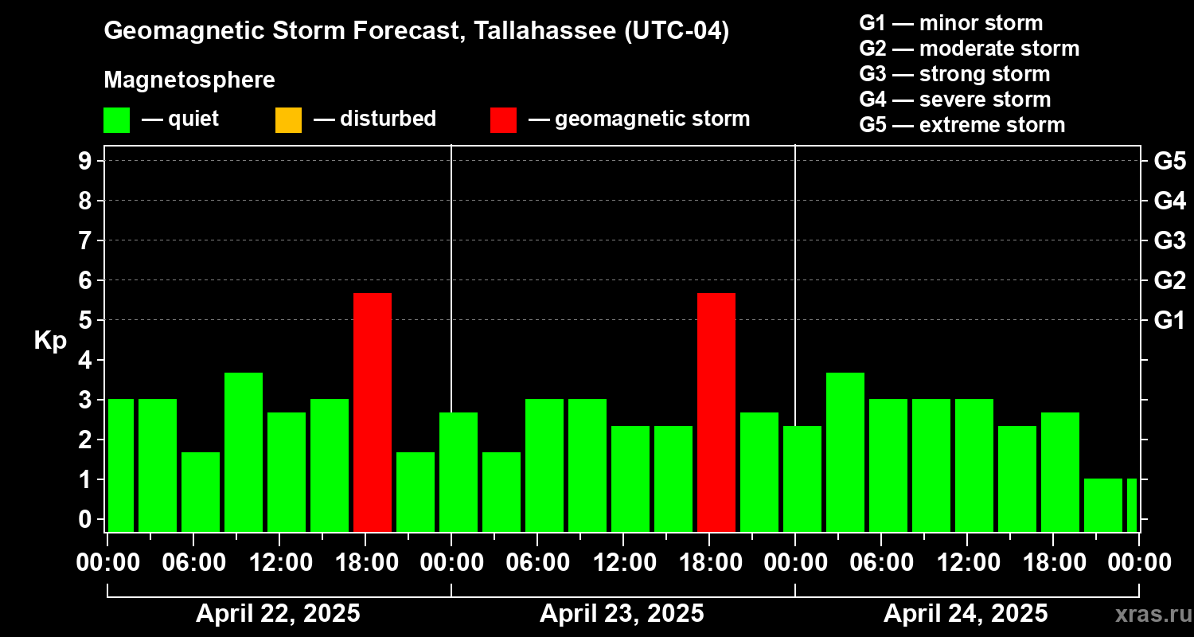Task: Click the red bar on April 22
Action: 373,412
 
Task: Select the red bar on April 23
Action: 716,412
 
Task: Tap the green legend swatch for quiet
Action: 116,119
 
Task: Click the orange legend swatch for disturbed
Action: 288,119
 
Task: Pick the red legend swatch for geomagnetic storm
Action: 503,119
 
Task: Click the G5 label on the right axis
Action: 1169,161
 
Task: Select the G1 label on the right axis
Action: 1169,320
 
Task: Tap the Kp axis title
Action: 50,341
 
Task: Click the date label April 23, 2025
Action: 622,614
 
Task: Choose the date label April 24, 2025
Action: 966,614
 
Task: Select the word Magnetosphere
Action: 189,80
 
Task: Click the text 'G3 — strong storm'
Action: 954,74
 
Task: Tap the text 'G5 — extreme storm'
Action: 962,125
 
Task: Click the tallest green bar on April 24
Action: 845,451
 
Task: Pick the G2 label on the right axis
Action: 1169,280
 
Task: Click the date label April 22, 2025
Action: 278,614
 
